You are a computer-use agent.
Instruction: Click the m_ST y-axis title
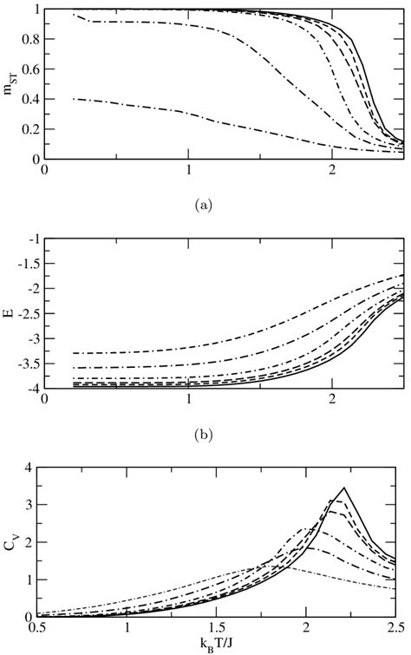[x=11, y=83]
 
